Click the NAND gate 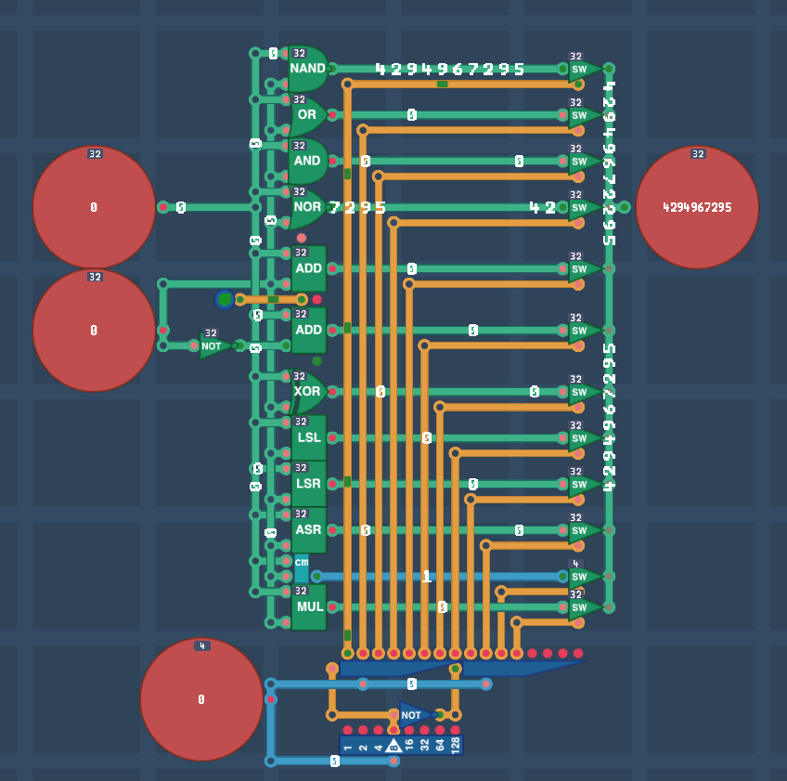pyautogui.click(x=308, y=69)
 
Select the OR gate pyautogui.click(x=308, y=115)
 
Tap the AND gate pyautogui.click(x=308, y=161)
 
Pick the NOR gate pyautogui.click(x=308, y=207)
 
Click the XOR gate pyautogui.click(x=308, y=392)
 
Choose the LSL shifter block pyautogui.click(x=309, y=437)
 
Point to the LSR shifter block pyautogui.click(x=309, y=484)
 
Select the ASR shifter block pyautogui.click(x=309, y=530)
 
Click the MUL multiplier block pyautogui.click(x=309, y=607)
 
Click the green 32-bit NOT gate pyautogui.click(x=213, y=345)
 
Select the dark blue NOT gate pyautogui.click(x=413, y=715)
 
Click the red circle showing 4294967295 pyautogui.click(x=697, y=207)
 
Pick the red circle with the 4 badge pyautogui.click(x=201, y=699)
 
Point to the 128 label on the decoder pyautogui.click(x=455, y=745)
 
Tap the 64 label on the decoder pyautogui.click(x=440, y=745)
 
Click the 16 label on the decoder pyautogui.click(x=409, y=745)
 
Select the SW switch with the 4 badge pyautogui.click(x=583, y=577)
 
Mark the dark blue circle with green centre pyautogui.click(x=225, y=299)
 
